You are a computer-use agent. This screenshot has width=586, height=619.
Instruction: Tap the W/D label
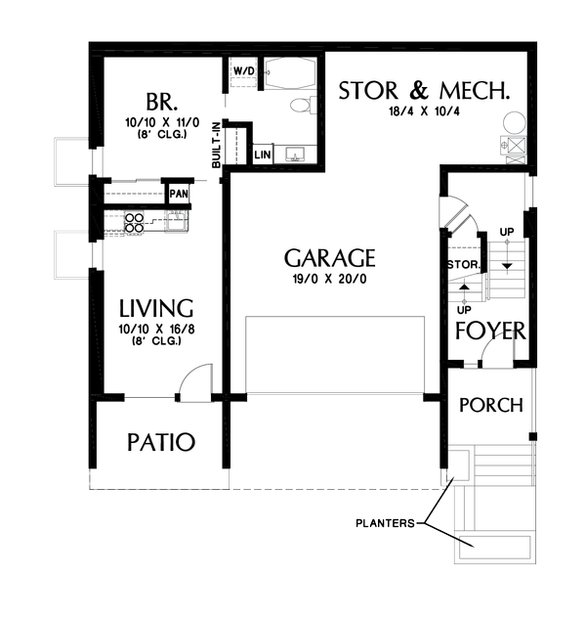click(x=244, y=71)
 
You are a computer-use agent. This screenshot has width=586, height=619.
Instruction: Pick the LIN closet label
click(x=263, y=155)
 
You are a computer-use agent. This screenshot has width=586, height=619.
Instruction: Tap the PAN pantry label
click(x=178, y=194)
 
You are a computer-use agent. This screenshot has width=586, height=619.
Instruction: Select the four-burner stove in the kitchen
click(x=133, y=221)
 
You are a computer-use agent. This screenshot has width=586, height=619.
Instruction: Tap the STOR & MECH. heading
click(x=424, y=92)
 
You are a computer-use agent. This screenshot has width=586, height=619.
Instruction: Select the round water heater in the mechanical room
click(x=515, y=124)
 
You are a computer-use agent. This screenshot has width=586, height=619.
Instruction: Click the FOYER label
click(x=490, y=330)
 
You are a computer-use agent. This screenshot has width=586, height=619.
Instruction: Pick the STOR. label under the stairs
click(x=461, y=265)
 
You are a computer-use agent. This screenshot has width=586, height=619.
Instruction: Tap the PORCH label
click(x=490, y=405)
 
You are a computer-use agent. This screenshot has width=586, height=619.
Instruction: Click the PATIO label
click(x=161, y=442)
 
